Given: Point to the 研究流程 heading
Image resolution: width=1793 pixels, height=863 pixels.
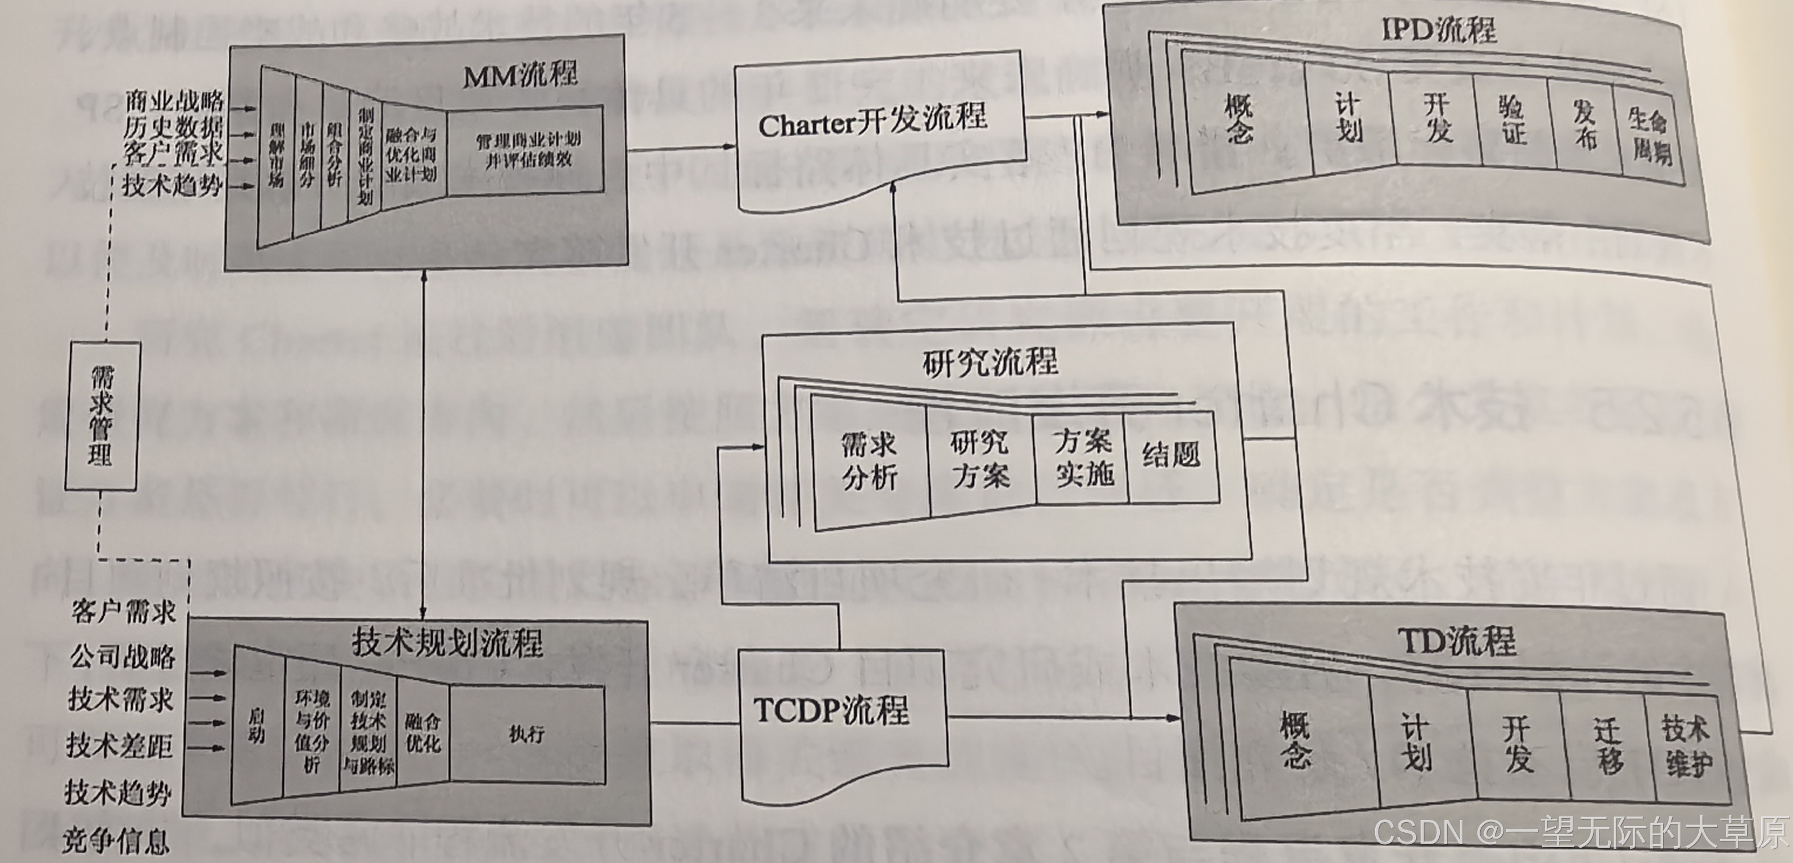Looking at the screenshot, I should tap(990, 362).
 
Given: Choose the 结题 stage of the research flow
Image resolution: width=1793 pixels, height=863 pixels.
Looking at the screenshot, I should tap(1171, 456).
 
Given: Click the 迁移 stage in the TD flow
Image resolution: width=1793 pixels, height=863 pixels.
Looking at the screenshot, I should tap(1606, 745).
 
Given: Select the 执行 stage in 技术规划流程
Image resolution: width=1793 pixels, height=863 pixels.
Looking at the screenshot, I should tap(526, 734).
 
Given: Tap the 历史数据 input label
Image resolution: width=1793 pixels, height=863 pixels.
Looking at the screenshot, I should tap(173, 127).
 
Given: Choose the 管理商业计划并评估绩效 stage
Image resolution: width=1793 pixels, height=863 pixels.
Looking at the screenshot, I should tap(527, 150).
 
